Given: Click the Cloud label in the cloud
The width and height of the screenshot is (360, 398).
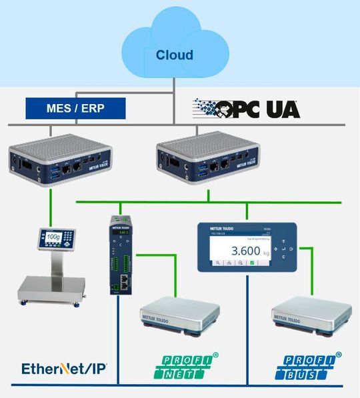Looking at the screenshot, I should [174, 55].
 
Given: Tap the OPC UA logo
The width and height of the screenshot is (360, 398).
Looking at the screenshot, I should [247, 109].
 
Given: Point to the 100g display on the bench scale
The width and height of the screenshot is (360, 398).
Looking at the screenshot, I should [53, 237].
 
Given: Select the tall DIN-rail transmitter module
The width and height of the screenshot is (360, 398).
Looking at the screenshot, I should [120, 257].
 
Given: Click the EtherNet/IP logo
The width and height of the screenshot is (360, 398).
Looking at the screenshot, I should [65, 368].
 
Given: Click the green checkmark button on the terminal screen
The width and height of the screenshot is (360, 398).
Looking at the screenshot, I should [251, 264].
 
